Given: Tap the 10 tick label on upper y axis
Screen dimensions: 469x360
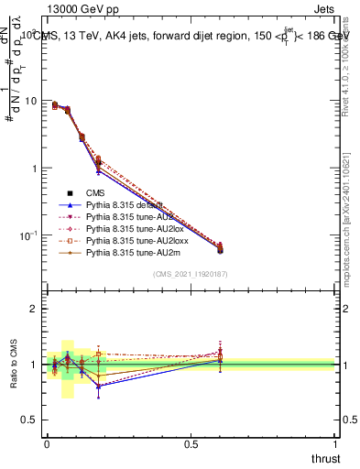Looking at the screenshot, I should pos(32,101).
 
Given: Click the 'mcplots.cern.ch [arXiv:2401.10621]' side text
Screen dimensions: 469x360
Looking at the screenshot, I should pos(349,211).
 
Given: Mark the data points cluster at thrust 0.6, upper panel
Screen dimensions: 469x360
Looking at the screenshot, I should pos(219,247).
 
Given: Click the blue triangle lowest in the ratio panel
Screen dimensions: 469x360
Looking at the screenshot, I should pos(98,386).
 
